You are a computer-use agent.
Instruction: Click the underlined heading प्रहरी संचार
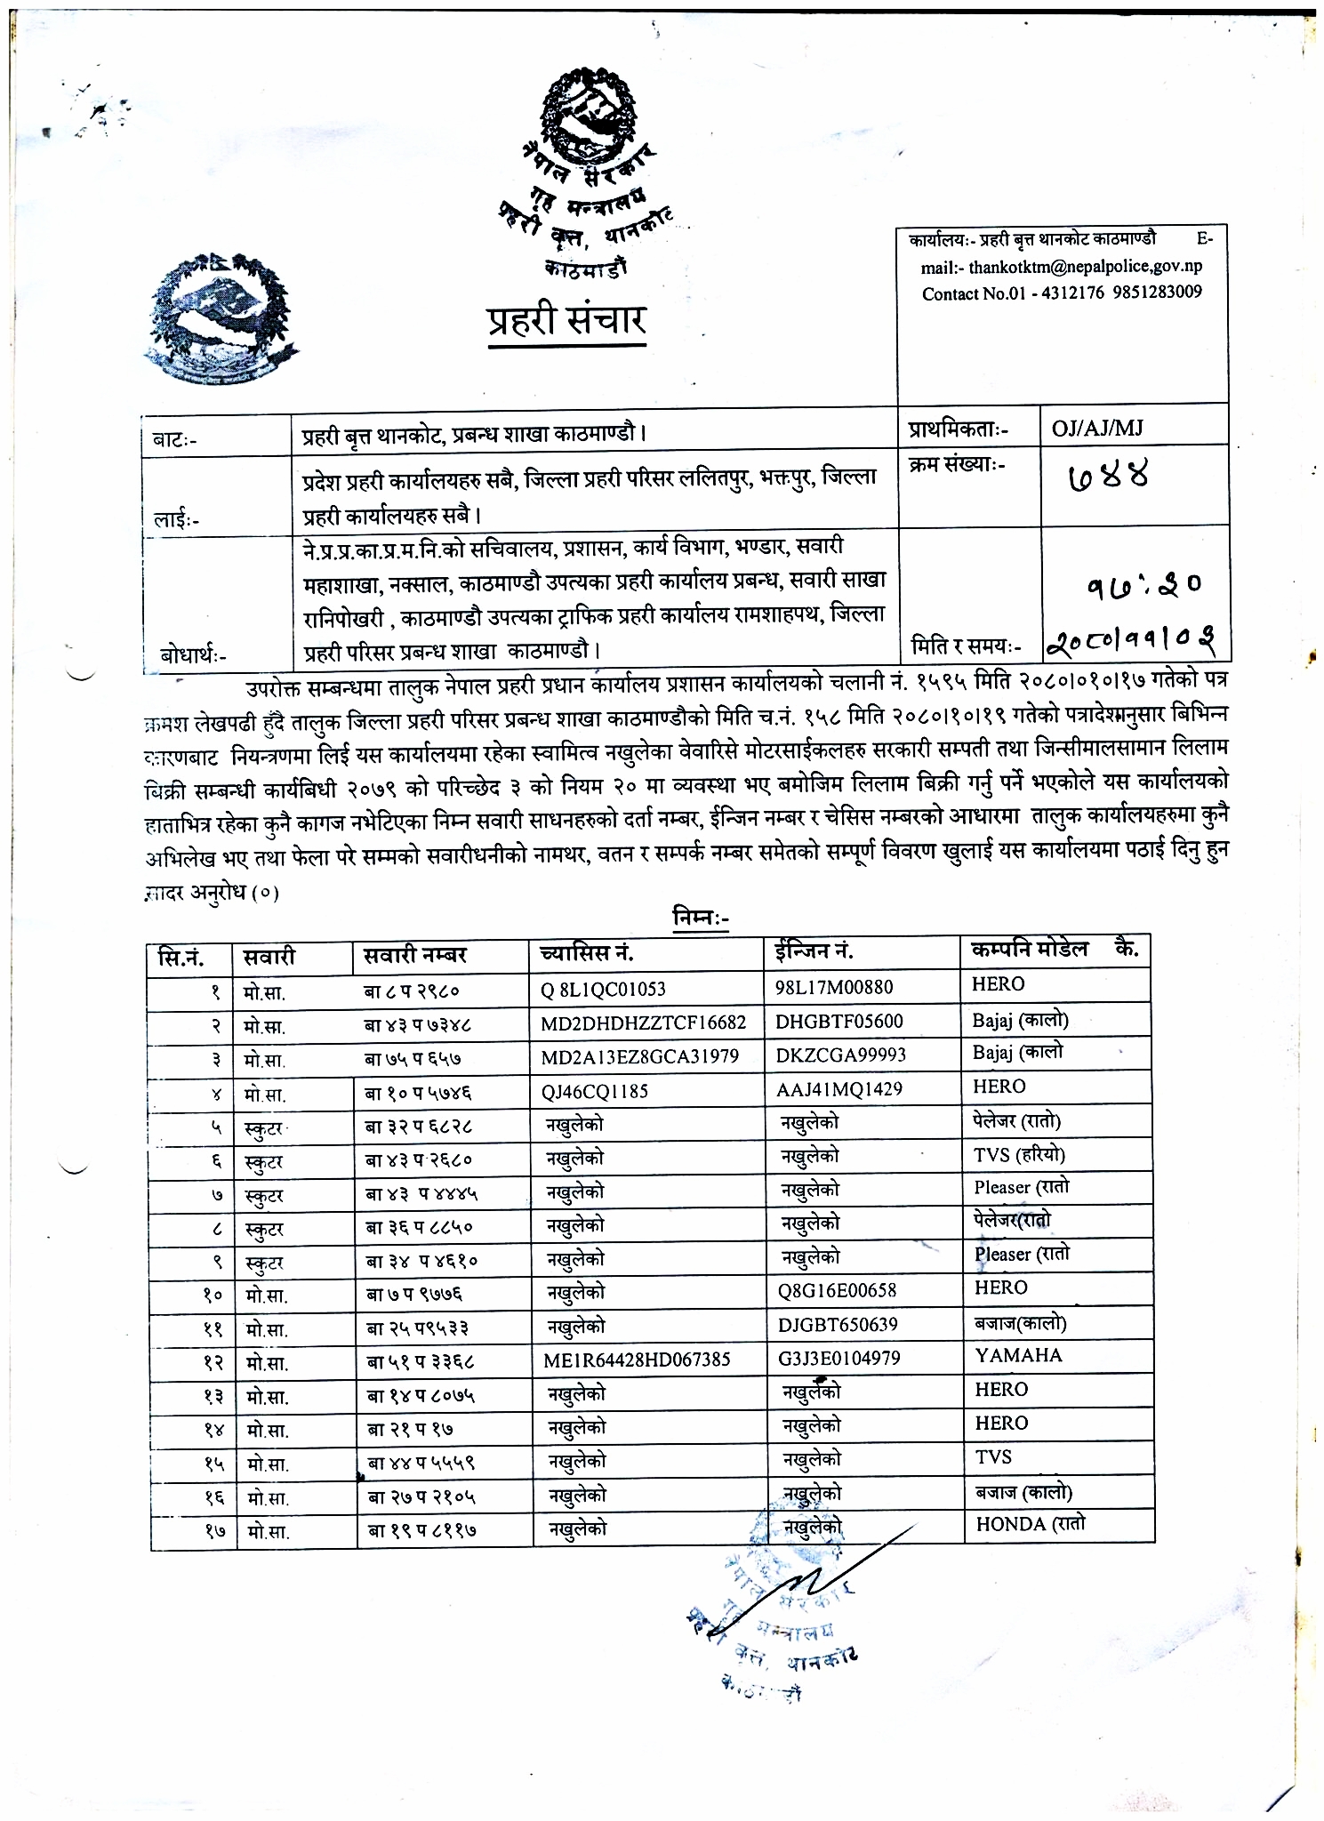pyautogui.click(x=566, y=320)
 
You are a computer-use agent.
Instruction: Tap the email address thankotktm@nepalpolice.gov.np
pyautogui.click(x=1085, y=267)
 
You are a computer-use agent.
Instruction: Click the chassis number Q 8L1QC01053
pyautogui.click(x=603, y=989)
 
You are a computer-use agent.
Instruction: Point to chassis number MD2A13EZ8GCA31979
pyautogui.click(x=639, y=1056)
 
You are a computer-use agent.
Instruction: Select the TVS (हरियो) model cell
pyautogui.click(x=1018, y=1155)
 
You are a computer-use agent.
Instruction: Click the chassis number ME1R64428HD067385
pyautogui.click(x=637, y=1360)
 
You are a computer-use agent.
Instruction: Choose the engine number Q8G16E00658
pyautogui.click(x=837, y=1290)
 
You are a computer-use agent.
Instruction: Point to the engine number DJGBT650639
pyautogui.click(x=838, y=1325)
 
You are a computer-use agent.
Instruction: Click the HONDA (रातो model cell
pyautogui.click(x=1030, y=1524)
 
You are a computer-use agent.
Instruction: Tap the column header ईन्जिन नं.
pyautogui.click(x=815, y=951)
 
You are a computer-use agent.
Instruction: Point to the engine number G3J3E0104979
pyautogui.click(x=839, y=1358)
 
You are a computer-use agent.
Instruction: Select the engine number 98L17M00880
pyautogui.click(x=834, y=987)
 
